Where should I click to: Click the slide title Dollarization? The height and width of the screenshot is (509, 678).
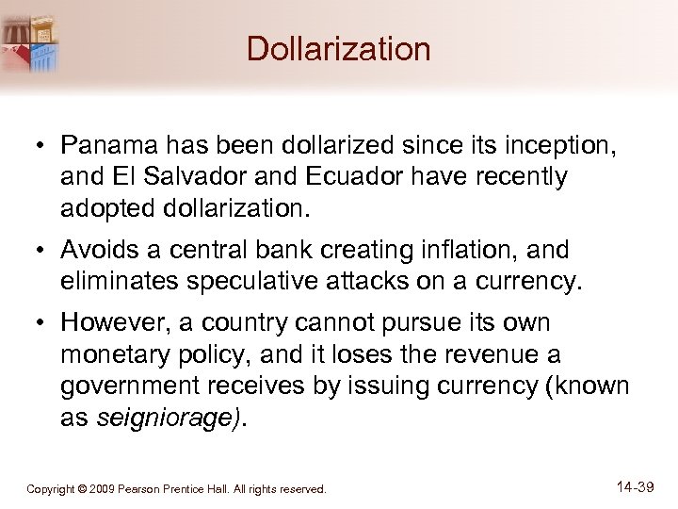coord(338,49)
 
